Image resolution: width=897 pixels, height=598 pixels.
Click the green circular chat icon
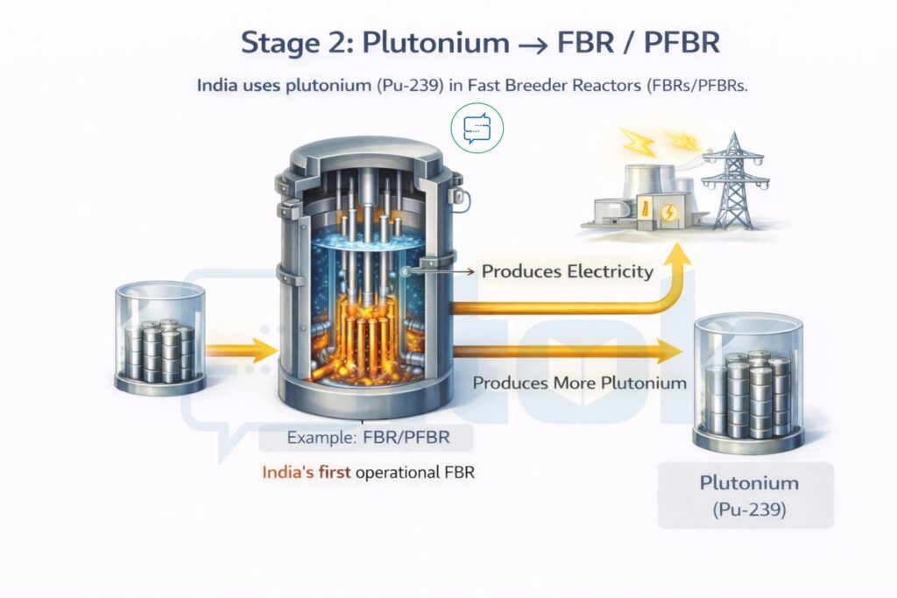(x=477, y=129)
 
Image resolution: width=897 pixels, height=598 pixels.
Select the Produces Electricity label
(x=567, y=271)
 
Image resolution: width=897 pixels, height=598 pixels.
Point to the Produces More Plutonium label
(x=579, y=383)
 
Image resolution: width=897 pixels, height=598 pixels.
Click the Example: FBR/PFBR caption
(x=368, y=437)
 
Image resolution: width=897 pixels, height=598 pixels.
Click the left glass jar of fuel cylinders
(x=160, y=337)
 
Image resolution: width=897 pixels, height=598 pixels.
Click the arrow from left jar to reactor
(x=238, y=351)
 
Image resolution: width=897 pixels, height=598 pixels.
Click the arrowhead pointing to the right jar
(x=670, y=351)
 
